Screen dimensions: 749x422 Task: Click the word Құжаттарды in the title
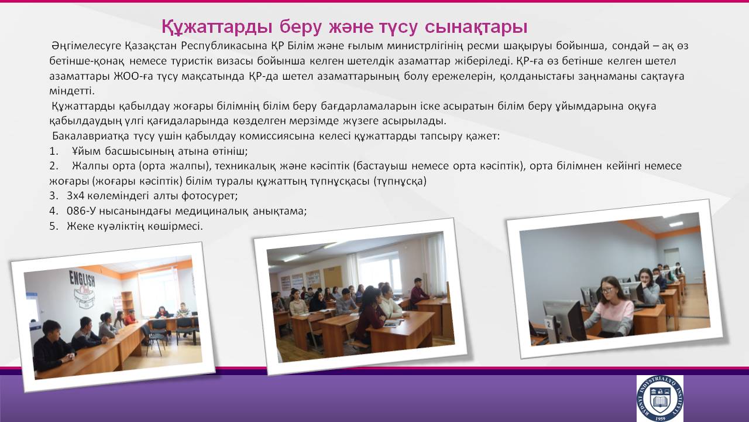pos(217,27)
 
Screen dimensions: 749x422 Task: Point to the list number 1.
pos(53,151)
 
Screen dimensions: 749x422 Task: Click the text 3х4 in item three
pos(75,196)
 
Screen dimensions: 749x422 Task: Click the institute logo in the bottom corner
pos(659,398)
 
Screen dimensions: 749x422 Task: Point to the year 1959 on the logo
pos(660,418)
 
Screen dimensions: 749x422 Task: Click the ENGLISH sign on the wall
pos(83,278)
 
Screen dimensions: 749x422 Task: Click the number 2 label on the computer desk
pos(548,324)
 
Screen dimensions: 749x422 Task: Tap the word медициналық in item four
pos(212,211)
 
